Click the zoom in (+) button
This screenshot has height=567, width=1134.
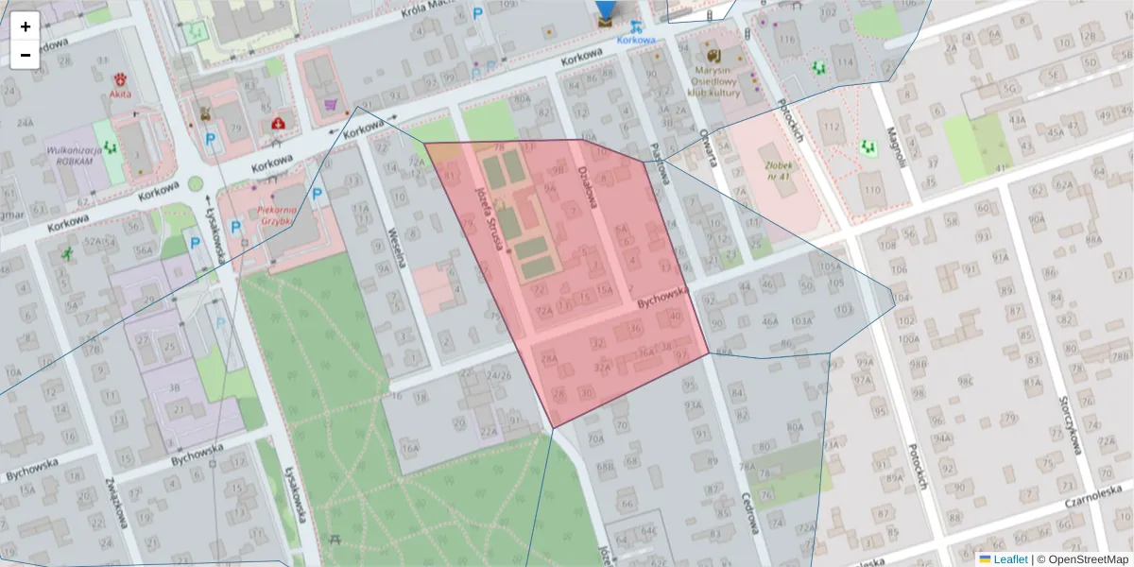tap(26, 26)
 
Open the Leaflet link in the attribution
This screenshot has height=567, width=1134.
tap(1009, 559)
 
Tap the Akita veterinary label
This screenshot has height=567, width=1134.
tap(120, 94)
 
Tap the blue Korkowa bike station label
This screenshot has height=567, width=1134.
tap(636, 40)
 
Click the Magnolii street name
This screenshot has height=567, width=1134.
tap(895, 146)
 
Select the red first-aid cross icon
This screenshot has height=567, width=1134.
tap(278, 123)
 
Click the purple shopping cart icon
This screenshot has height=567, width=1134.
tap(331, 104)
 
